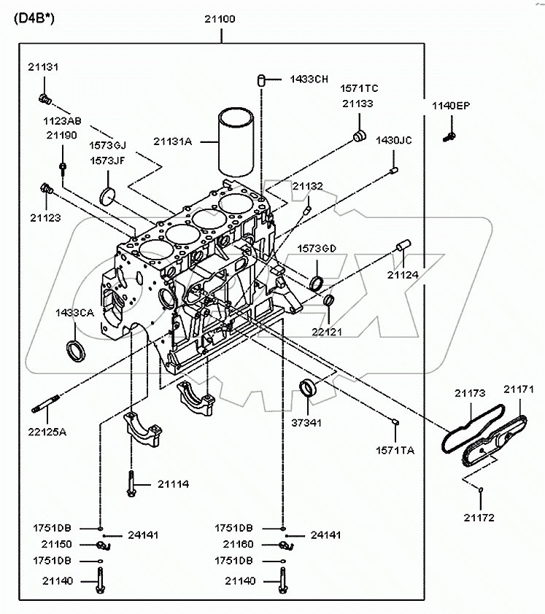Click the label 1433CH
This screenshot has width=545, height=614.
click(309, 78)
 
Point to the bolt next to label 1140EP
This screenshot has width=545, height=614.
click(450, 135)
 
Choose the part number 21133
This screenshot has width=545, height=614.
click(357, 104)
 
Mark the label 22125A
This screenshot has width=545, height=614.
click(47, 432)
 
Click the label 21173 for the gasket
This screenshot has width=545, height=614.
click(470, 393)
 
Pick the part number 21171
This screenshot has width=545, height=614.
click(519, 391)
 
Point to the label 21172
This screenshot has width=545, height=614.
click(479, 518)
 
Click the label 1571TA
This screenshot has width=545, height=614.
click(395, 450)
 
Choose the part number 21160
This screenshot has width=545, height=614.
click(239, 544)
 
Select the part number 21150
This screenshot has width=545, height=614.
click(56, 544)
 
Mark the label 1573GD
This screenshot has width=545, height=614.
click(316, 249)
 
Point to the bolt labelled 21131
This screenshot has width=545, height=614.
click(43, 96)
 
